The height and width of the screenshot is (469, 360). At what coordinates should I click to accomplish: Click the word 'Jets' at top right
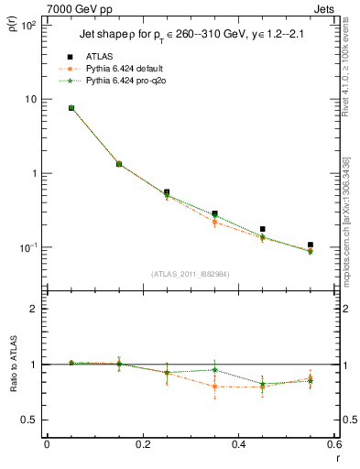coord(324,8)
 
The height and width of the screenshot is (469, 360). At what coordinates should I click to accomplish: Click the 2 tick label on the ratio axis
coord(33,309)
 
